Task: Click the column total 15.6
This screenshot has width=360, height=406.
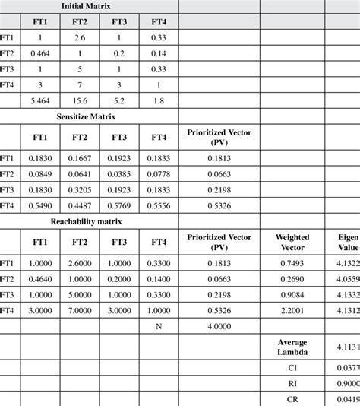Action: click(x=80, y=100)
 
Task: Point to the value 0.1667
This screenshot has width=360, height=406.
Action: click(x=80, y=158)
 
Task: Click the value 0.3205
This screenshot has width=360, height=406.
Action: click(x=80, y=190)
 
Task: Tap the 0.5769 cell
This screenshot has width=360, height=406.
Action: click(x=119, y=206)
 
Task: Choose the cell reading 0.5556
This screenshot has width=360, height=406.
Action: click(x=158, y=206)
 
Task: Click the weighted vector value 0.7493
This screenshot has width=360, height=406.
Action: click(x=292, y=262)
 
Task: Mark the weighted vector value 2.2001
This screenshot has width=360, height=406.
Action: click(x=292, y=310)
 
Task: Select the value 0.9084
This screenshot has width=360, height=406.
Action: click(x=292, y=294)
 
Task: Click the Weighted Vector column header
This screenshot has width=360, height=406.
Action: click(x=292, y=243)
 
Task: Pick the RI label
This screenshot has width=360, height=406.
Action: click(x=292, y=384)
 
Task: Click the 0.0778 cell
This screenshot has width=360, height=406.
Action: click(x=158, y=174)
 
